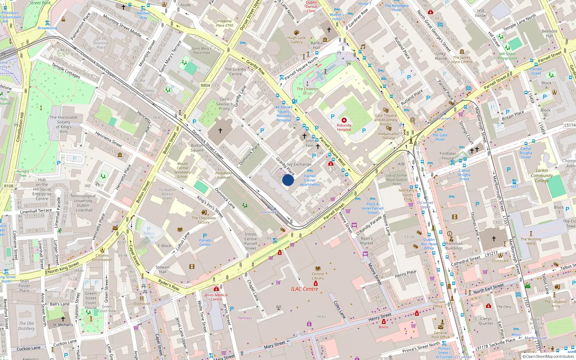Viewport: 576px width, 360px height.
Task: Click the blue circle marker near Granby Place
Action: click(288, 180)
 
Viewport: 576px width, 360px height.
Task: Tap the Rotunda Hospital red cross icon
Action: click(344, 120)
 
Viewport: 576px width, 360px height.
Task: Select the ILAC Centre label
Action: click(305, 289)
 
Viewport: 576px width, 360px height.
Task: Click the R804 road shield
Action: click(205, 85)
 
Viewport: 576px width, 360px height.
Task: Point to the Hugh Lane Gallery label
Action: click(297, 40)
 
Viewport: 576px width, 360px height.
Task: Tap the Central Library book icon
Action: click(318, 269)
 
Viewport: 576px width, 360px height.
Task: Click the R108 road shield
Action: click(9, 186)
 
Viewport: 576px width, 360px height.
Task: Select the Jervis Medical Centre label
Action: click(216, 297)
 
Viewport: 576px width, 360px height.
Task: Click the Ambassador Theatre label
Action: click(388, 136)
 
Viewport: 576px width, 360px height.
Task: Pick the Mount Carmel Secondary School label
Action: click(183, 170)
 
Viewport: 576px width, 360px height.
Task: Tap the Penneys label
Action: click(245, 318)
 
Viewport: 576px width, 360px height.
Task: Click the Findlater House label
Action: click(448, 156)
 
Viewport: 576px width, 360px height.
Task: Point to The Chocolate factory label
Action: click(204, 220)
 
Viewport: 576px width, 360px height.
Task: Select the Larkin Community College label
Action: click(542, 176)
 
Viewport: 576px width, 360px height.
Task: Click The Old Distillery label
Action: click(27, 326)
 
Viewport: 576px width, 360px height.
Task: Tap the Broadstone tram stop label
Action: click(48, 28)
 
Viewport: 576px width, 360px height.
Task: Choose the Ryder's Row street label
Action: click(168, 285)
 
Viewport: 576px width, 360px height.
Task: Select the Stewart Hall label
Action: click(163, 269)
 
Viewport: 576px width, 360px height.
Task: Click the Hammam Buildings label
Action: click(454, 246)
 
